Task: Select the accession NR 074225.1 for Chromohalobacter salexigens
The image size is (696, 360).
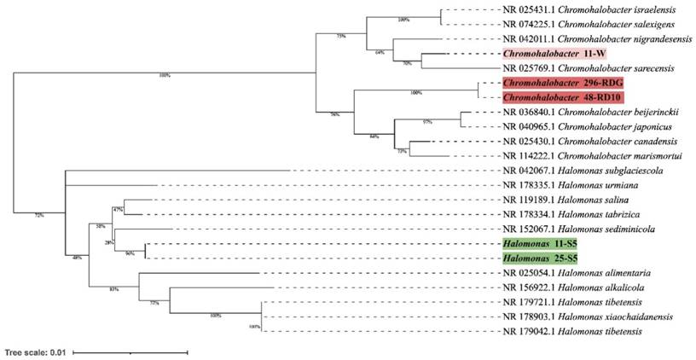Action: (x=525, y=25)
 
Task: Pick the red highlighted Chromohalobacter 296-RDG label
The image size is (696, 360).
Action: (x=563, y=83)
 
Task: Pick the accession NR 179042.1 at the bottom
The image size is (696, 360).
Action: (x=526, y=330)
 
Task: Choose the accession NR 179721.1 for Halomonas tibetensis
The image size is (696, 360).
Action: (x=526, y=301)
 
